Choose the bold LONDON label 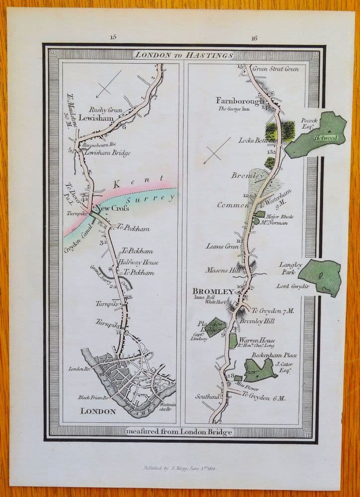point(97,411)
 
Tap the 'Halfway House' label point(131,262)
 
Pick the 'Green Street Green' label point(275,69)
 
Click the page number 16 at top point(255,37)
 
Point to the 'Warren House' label point(257,341)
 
